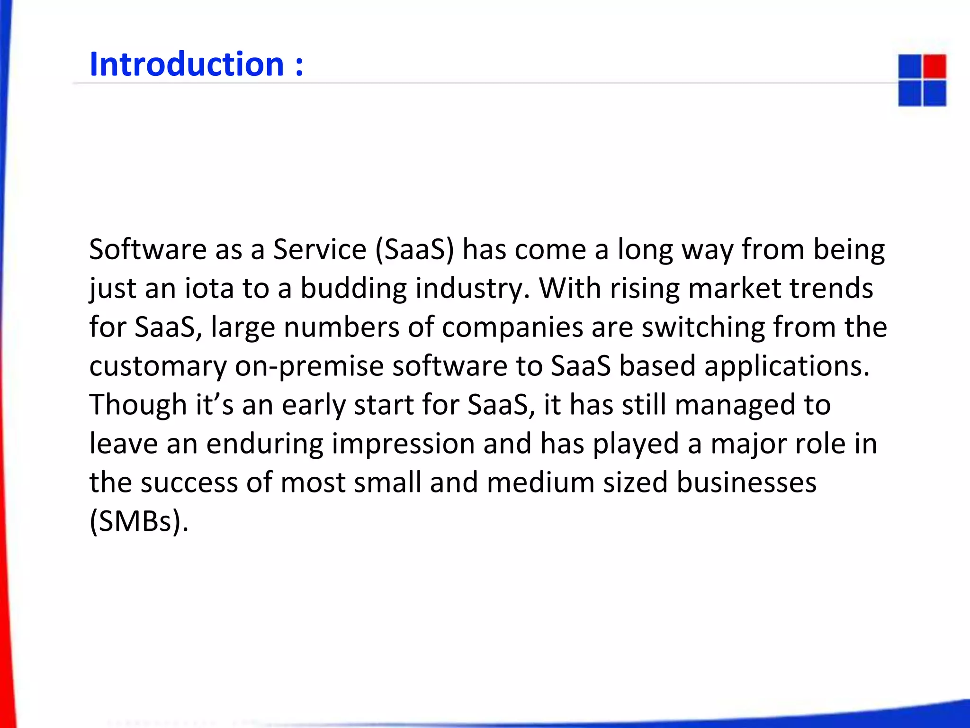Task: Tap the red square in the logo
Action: (x=934, y=66)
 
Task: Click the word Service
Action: (x=320, y=250)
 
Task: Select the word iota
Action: (x=208, y=289)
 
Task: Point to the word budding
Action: (x=353, y=289)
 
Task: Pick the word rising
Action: (x=645, y=289)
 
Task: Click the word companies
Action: (x=512, y=328)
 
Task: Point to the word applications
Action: (x=787, y=366)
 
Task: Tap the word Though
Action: (x=138, y=405)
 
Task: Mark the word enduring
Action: (x=264, y=444)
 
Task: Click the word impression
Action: (x=403, y=444)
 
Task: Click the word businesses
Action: (x=746, y=483)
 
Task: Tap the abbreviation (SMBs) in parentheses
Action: (x=139, y=522)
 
